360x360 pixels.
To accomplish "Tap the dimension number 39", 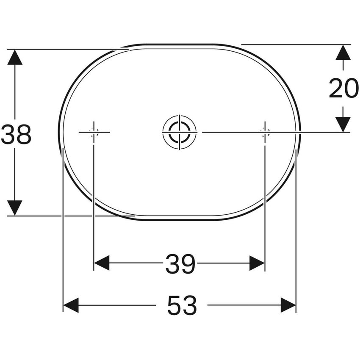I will coord(180,264).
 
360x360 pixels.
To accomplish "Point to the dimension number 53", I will coord(182,305).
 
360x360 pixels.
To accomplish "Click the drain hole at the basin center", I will coord(179,132).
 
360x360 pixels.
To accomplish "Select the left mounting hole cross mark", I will coord(94,132).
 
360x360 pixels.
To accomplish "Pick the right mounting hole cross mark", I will coord(265,132).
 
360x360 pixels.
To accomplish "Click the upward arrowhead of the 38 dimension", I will coord(15,57).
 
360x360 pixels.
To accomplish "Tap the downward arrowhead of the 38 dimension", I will coord(15,208).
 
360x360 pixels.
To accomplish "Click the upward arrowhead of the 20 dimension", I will coord(343,53).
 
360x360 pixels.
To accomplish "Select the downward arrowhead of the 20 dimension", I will coord(343,124).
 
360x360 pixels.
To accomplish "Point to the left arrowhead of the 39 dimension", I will coord(102,263).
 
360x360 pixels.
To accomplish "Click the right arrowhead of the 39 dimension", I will coord(257,263).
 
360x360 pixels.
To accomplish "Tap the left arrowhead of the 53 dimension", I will coord(71,305).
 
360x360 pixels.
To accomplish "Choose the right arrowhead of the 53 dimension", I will coord(288,305).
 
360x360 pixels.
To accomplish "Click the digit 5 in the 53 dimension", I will coord(174,305).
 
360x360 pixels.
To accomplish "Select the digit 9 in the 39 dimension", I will coord(188,264).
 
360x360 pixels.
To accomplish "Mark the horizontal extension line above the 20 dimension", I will coord(296,44).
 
